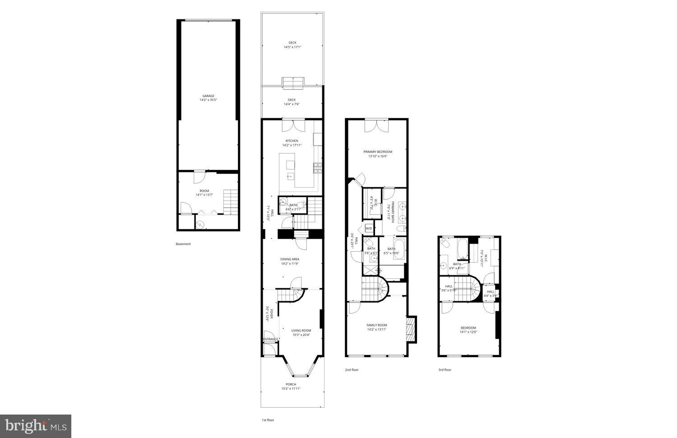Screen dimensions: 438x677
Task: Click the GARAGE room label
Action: (x=208, y=96)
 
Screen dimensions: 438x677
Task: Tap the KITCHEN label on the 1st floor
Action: (x=292, y=141)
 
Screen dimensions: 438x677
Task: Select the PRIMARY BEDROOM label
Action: (x=378, y=152)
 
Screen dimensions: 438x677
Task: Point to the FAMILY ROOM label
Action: (x=376, y=325)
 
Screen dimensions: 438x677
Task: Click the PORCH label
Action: (x=291, y=384)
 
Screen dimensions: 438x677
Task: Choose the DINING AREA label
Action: (x=290, y=259)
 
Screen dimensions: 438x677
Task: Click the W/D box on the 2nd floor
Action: (x=369, y=228)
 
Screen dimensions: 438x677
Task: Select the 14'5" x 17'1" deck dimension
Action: (x=292, y=47)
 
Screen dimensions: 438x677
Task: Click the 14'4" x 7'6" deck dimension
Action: (x=292, y=104)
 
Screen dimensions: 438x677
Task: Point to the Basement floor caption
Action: (x=183, y=244)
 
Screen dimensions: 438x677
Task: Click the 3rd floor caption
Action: (x=445, y=370)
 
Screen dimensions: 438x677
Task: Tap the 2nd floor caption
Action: (x=352, y=370)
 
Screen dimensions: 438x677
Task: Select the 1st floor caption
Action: (x=268, y=420)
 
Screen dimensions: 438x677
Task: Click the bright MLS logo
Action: (x=36, y=426)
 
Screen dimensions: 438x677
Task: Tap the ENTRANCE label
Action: (x=271, y=339)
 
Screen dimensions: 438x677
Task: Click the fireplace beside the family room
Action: (x=411, y=329)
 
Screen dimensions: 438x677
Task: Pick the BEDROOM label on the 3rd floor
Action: (x=468, y=328)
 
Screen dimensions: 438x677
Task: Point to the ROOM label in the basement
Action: (x=204, y=191)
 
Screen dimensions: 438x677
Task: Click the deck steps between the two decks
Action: (x=292, y=82)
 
